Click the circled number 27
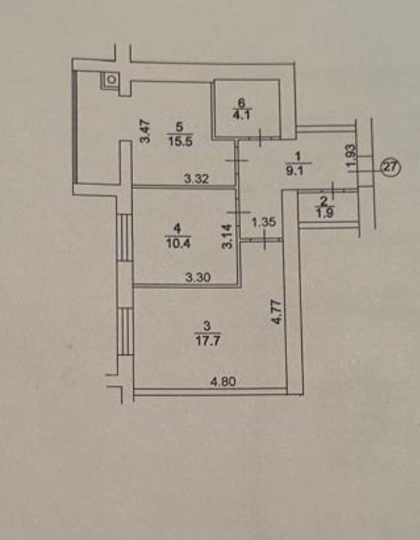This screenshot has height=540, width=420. pos(391,169)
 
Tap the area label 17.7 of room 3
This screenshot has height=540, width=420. pos(207,341)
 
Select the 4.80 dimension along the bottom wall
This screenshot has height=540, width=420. pos(223,382)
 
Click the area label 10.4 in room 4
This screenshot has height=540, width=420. pos(178,243)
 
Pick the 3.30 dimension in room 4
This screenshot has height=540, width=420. pos(198,277)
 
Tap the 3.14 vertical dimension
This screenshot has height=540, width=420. pos(228,236)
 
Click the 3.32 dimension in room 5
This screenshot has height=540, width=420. pos(196,178)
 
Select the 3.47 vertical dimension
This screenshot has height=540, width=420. pos(145,130)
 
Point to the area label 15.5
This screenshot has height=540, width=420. pos(180,141)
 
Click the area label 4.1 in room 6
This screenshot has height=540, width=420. pos(242,114)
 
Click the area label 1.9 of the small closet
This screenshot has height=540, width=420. pos(323,214)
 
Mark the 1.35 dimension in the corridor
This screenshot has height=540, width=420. pos(264,222)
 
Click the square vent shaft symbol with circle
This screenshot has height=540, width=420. pos(110,79)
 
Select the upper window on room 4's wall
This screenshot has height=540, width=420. pos(125,238)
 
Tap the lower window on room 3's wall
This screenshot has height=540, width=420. pos(125,331)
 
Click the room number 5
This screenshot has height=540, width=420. pos(180,127)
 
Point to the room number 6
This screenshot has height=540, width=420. pos(242,103)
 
